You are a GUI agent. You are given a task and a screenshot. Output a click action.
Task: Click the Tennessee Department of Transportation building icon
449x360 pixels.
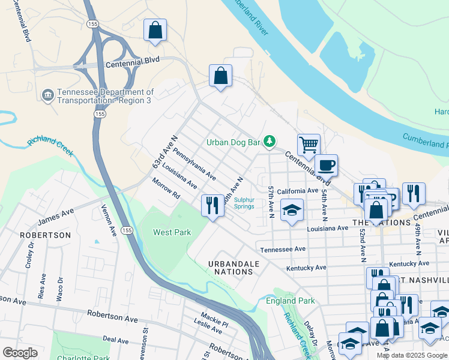coord(47,95)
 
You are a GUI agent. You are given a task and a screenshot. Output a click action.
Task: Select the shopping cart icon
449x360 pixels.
coord(309,144)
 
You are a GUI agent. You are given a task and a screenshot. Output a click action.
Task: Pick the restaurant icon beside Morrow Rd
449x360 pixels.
coord(212,206)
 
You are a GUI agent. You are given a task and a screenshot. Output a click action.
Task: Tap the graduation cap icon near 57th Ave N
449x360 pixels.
coord(292,210)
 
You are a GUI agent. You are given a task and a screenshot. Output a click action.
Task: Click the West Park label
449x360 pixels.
coord(172,232)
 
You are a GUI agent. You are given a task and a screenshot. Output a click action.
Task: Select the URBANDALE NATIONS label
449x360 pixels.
coord(234,268)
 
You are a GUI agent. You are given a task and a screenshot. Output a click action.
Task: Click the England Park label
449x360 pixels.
coord(291,301)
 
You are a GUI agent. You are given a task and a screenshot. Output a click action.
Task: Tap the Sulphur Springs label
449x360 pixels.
coord(244,203)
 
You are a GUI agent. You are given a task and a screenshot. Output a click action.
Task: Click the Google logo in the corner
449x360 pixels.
coord(20,353)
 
